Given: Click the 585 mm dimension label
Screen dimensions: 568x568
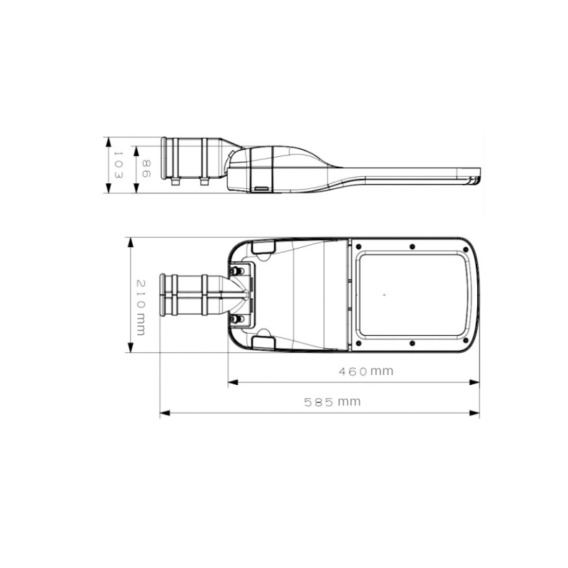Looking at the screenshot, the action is (x=332, y=402).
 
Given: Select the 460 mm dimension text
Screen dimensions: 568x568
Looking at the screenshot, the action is (x=366, y=371).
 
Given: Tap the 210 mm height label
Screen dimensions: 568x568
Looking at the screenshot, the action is (x=141, y=307).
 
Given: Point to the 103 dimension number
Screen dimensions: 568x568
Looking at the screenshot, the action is (x=119, y=165).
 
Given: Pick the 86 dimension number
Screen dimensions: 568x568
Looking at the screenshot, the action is (x=146, y=169).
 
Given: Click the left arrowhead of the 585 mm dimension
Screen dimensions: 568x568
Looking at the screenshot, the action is (x=165, y=413).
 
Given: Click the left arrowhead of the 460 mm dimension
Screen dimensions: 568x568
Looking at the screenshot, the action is (x=233, y=382).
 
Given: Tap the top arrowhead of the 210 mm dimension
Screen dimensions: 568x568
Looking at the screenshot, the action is (x=131, y=243).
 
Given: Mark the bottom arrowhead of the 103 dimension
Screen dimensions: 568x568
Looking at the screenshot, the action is (x=109, y=187).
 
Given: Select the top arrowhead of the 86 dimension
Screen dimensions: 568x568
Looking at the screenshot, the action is (x=136, y=151).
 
